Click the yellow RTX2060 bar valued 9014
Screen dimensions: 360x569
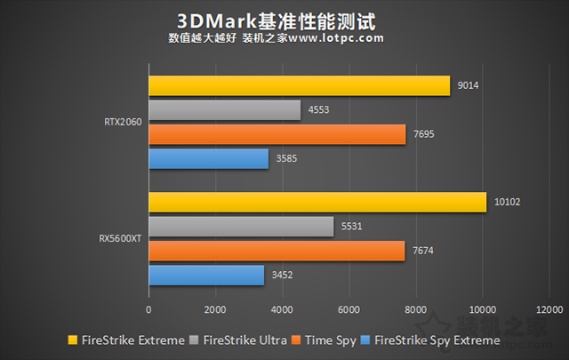pyautogui.click(x=299, y=85)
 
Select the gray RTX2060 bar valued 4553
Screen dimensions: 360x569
pyautogui.click(x=224, y=109)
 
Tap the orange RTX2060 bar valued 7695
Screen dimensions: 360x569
pyautogui.click(x=276, y=134)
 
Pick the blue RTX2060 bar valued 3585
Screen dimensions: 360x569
pyautogui.click(x=208, y=158)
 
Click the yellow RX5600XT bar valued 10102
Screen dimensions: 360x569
pyautogui.click(x=317, y=202)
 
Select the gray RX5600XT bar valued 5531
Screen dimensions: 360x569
pyautogui.click(x=241, y=227)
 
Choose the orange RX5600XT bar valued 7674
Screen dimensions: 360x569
pyautogui.click(x=276, y=252)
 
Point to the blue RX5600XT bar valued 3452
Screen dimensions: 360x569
pyautogui.click(x=206, y=276)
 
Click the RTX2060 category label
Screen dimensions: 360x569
pyautogui.click(x=121, y=123)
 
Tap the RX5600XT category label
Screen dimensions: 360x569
pyautogui.click(x=118, y=239)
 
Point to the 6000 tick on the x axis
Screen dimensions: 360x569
pyautogui.click(x=349, y=309)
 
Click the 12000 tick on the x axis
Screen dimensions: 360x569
pyautogui.click(x=549, y=309)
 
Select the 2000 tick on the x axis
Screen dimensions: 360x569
pyautogui.click(x=215, y=309)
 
